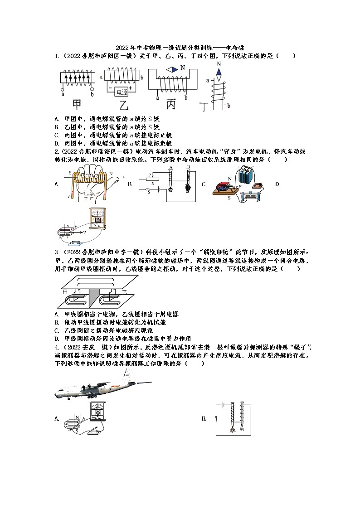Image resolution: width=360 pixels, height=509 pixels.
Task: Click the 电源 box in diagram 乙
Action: pos(122,92)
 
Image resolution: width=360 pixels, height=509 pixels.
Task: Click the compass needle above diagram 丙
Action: pos(172,69)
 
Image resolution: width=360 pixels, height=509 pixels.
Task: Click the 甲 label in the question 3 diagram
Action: pos(64,291)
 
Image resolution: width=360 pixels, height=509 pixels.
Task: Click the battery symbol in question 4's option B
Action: pos(221,403)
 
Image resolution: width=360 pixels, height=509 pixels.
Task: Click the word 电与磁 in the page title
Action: pos(235,48)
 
